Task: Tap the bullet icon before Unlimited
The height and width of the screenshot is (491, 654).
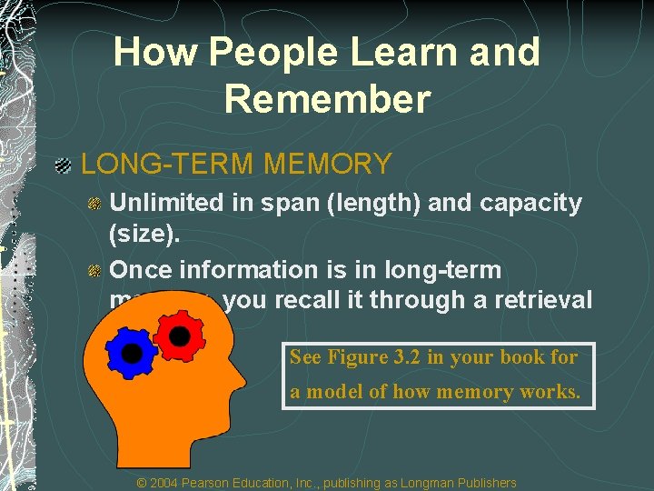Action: [x=94, y=204]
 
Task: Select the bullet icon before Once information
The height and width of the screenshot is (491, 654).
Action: [x=94, y=271]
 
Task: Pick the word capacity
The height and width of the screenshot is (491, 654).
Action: [x=530, y=203]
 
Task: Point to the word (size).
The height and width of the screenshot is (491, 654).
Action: [x=144, y=235]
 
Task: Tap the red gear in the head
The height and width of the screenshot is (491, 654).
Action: [x=179, y=336]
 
